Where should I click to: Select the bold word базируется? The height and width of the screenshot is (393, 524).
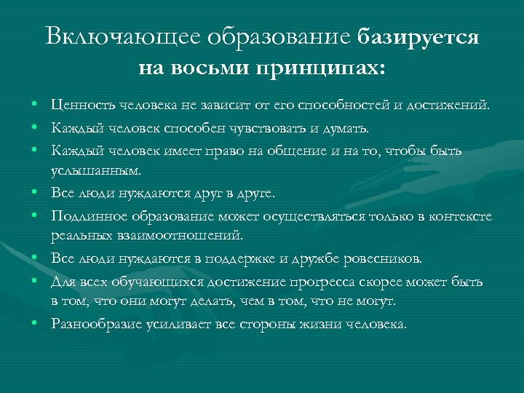point(418,37)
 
